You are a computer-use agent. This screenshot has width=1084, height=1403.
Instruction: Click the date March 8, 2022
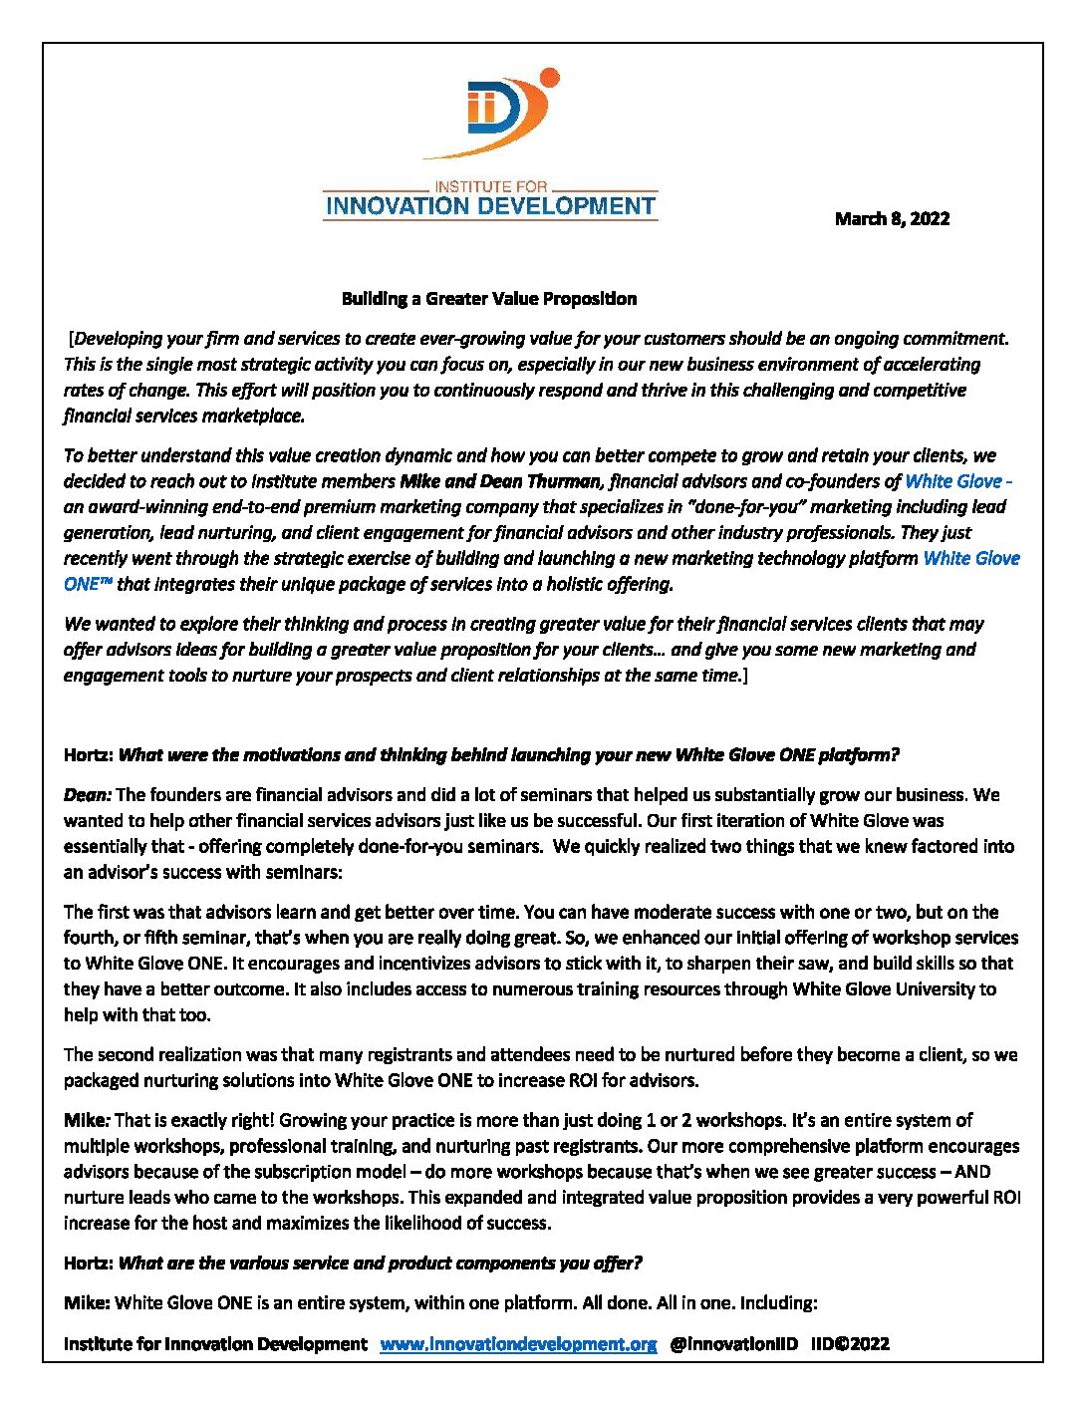pyautogui.click(x=892, y=219)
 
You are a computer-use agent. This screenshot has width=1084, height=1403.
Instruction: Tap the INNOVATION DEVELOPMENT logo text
pyautogui.click(x=490, y=207)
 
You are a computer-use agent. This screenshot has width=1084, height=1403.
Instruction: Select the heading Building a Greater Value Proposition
pyautogui.click(x=488, y=299)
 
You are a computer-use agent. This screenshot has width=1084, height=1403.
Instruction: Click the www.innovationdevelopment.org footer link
pyautogui.click(x=518, y=1344)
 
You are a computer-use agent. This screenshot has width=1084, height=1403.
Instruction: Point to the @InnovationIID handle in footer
pyautogui.click(x=733, y=1344)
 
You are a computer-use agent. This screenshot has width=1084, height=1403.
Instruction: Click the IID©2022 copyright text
pyautogui.click(x=850, y=1344)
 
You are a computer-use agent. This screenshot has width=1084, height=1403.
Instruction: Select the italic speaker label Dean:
pyautogui.click(x=88, y=795)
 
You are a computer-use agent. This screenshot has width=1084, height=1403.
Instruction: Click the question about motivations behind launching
pyautogui.click(x=508, y=755)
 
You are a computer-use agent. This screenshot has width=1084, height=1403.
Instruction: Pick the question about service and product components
pyautogui.click(x=380, y=1263)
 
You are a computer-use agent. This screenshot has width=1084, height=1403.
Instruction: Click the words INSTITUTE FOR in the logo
pyautogui.click(x=490, y=186)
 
